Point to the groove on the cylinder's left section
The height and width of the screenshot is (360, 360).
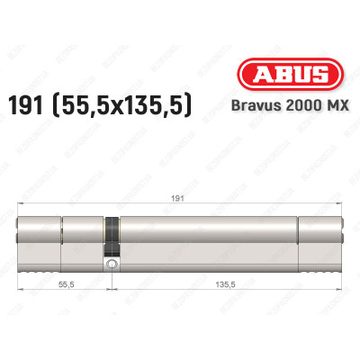[x=61, y=232]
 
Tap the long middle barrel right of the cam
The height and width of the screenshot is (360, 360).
[x=207, y=232]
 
